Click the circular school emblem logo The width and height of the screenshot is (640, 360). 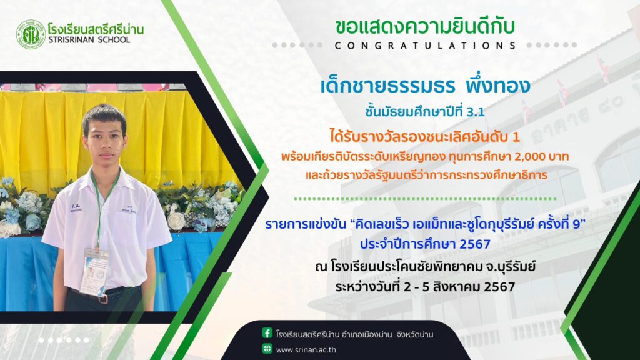click(31, 35)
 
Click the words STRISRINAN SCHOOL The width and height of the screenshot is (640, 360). click(89, 40)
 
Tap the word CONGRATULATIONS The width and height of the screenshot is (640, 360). click(425, 46)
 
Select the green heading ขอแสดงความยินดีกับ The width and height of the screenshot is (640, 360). click(425, 27)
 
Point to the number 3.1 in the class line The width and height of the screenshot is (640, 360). click(476, 112)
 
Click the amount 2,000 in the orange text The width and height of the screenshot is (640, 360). click(520, 157)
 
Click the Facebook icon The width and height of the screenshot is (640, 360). click(267, 333)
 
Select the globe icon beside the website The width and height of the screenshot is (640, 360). click(267, 349)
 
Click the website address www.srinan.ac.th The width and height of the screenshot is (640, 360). click(306, 350)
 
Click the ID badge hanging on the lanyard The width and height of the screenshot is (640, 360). click(95, 272)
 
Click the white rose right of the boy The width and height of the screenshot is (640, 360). click(176, 221)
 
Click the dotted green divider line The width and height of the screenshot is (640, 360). click(425, 199)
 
